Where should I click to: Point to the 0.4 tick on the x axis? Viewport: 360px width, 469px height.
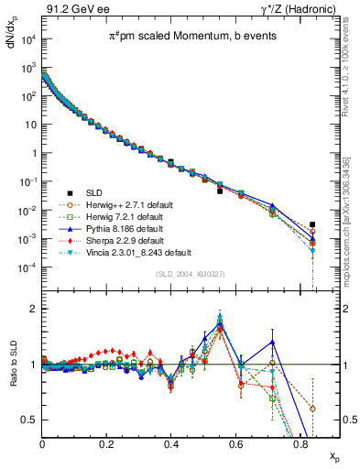click(171, 443)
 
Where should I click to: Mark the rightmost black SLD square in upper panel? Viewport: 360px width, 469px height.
click(313, 224)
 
